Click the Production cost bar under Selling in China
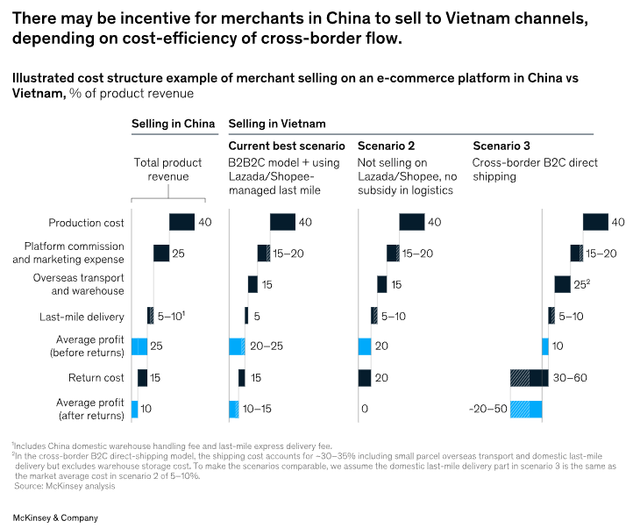point(181,223)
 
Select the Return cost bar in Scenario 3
point(529,378)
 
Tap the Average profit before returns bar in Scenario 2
point(365,346)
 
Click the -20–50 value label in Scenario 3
point(487,410)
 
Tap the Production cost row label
point(86,223)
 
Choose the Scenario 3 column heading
point(502,146)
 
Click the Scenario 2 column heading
point(388,146)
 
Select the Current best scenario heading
point(286,146)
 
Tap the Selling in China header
point(173,124)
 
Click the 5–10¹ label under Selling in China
point(172,316)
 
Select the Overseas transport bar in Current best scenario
point(252,284)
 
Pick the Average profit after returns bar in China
point(134,410)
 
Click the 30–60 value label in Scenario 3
point(571,378)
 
